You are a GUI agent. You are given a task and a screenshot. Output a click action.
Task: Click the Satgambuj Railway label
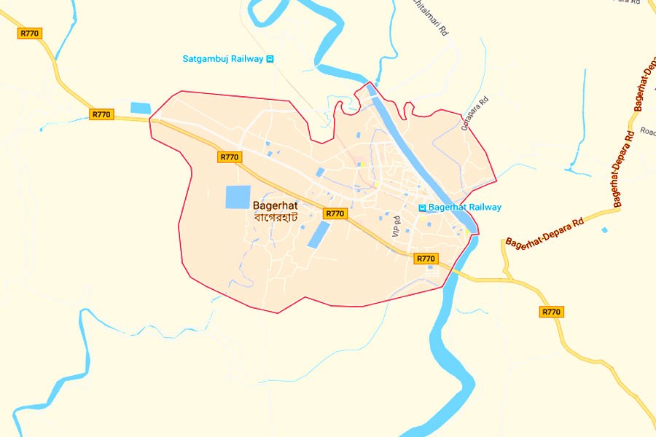point(222,59)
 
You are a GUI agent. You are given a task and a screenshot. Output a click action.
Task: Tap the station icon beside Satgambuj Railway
point(270,59)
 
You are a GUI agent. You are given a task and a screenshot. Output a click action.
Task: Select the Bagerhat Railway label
point(464,208)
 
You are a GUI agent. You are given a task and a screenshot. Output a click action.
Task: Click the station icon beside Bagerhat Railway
point(421,208)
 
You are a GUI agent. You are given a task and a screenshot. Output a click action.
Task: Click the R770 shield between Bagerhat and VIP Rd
point(335,213)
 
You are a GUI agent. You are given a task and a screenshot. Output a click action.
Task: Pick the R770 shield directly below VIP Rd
point(425,259)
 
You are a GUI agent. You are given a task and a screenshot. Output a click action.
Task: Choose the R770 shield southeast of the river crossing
point(552,312)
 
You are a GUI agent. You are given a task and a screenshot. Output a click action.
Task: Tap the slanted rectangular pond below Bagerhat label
point(319,235)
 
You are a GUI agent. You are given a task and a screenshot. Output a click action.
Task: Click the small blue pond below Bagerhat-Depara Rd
point(604,230)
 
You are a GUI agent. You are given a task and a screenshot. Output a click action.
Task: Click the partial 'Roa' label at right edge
point(647,132)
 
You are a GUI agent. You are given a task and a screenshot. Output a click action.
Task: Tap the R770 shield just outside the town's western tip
point(102,114)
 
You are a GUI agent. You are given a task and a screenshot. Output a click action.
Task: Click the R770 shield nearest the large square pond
point(230,157)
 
